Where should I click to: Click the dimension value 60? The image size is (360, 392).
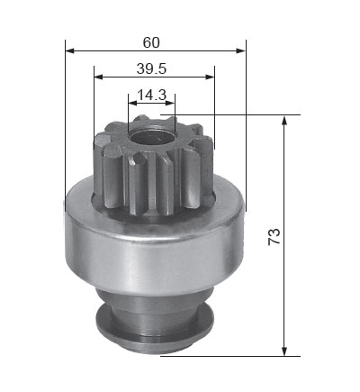pos(151,42)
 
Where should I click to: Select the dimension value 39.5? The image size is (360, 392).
pos(151,69)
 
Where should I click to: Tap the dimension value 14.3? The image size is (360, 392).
pos(151,96)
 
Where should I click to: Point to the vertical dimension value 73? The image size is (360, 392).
pos(274,237)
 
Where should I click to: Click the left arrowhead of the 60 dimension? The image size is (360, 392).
pos(69,50)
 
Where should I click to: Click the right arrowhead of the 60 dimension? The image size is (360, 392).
pos(241,50)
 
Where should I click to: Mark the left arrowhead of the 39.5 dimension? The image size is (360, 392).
pos(98,77)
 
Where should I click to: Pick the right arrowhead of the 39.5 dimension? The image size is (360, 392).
pos(210,77)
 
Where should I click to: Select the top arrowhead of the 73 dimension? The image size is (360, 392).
pos(284,120)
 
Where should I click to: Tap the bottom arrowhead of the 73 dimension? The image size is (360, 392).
pos(284,351)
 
